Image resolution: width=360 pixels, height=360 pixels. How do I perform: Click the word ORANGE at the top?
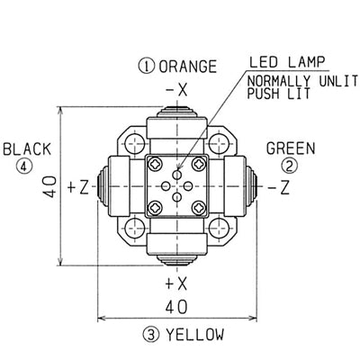pyautogui.click(x=187, y=67)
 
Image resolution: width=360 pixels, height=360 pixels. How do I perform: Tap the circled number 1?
pyautogui.click(x=146, y=67)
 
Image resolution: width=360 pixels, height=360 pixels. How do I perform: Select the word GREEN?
pyautogui.click(x=291, y=148)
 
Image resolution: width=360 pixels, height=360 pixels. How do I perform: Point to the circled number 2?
pyautogui.click(x=289, y=166)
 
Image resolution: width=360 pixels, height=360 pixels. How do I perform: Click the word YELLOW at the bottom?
pyautogui.click(x=195, y=335)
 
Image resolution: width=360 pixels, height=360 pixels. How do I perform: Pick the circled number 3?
pyautogui.click(x=150, y=335)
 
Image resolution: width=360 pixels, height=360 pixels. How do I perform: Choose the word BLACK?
pyautogui.click(x=27, y=149)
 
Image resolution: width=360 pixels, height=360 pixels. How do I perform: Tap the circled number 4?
pyautogui.click(x=24, y=166)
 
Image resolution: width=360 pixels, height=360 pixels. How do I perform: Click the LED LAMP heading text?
pyautogui.click(x=287, y=62)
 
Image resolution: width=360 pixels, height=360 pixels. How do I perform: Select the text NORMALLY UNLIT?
pyautogui.click(x=302, y=81)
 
